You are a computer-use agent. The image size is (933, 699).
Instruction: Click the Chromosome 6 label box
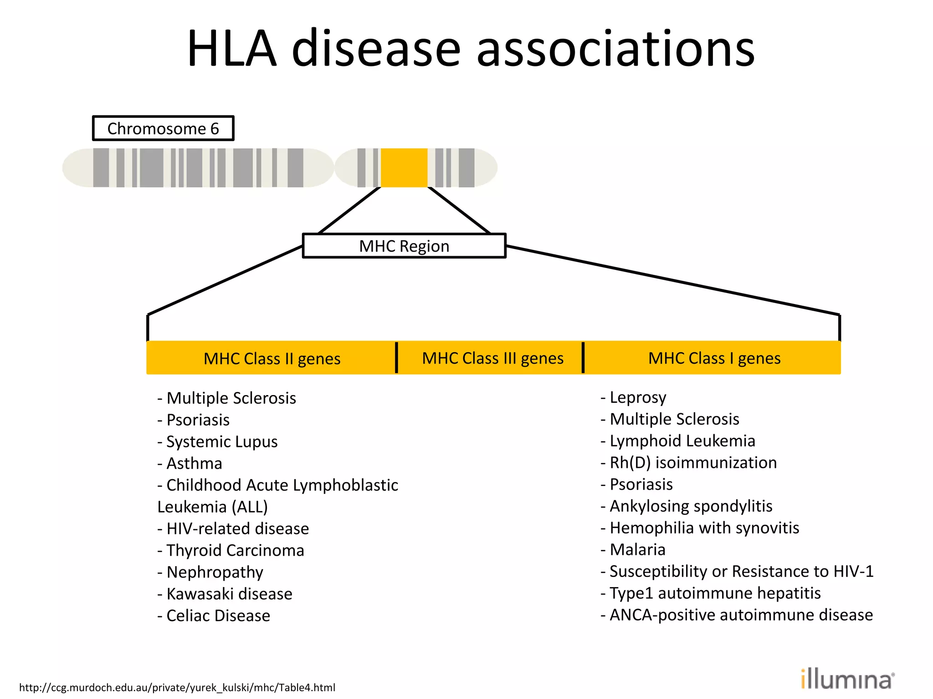(x=163, y=128)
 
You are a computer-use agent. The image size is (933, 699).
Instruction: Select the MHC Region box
(x=404, y=246)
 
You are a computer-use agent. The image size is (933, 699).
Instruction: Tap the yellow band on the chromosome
(x=404, y=167)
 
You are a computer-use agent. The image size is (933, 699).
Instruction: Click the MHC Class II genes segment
(x=272, y=359)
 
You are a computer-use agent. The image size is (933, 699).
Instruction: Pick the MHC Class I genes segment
(x=714, y=358)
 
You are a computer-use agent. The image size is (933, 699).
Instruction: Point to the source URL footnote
(x=177, y=687)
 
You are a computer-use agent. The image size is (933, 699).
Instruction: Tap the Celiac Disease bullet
(x=214, y=615)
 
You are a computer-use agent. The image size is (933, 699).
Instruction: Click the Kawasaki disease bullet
(x=225, y=593)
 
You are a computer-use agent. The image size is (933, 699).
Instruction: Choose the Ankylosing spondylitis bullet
(x=687, y=506)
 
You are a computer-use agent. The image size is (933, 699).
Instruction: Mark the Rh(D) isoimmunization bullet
(x=688, y=462)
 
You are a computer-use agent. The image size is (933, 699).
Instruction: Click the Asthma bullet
(x=190, y=463)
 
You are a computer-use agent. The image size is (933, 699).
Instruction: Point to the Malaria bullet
(x=633, y=549)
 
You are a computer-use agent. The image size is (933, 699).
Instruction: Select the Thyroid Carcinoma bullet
(x=231, y=550)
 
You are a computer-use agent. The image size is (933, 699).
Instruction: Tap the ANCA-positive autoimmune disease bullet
(x=737, y=615)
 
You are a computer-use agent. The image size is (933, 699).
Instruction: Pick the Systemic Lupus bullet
(x=217, y=441)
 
